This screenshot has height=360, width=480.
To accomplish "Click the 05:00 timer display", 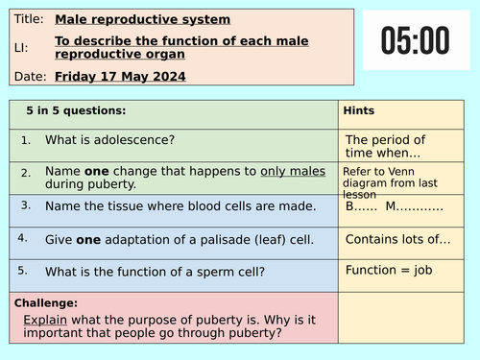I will click(415, 41).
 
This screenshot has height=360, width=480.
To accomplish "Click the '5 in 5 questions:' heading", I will click(75, 110).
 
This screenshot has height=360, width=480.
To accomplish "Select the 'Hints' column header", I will click(358, 110).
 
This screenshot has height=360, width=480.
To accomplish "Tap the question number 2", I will click(26, 172).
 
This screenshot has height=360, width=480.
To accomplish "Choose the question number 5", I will click(26, 270).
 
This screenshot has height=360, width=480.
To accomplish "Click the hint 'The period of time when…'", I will click(384, 146).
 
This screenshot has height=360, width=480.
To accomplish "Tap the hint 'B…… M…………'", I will click(394, 206).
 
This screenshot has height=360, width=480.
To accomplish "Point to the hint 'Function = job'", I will click(389, 270).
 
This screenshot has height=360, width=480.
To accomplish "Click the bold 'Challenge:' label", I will click(47, 302).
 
